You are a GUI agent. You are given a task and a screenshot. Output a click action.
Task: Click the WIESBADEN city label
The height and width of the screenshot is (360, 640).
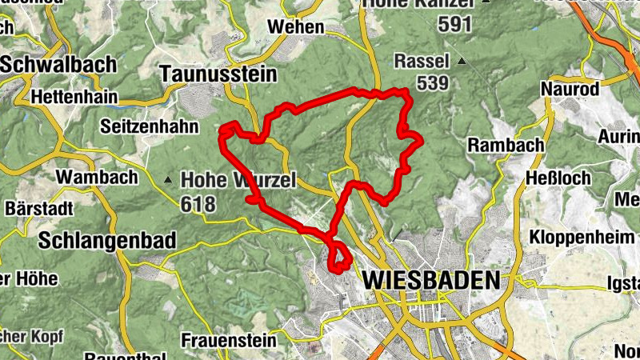tap(431, 281)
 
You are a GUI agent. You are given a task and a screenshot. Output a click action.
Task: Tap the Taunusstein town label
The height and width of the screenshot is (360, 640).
tap(218, 74)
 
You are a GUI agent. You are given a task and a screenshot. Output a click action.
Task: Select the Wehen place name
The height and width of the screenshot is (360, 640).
tap(296, 26)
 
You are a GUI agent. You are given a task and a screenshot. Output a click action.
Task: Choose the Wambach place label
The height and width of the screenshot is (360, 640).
tap(86, 176)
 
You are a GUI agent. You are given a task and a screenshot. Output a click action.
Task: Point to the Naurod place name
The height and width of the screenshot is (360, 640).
tap(570, 89)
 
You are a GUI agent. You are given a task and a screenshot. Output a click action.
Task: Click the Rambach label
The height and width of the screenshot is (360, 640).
tap(506, 145)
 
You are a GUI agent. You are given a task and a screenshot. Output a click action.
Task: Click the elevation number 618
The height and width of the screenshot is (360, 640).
tap(198, 204)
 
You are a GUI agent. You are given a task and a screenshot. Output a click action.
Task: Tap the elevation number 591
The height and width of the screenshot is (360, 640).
tap(455, 24)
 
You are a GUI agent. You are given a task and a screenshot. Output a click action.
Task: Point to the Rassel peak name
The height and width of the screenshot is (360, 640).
tap(422, 61)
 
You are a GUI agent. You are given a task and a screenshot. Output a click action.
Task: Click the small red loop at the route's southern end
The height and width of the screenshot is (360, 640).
tap(340, 257)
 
